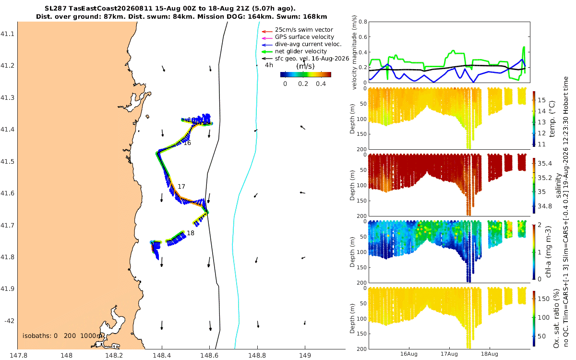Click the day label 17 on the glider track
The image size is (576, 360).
[181, 186]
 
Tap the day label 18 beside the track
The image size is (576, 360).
[191, 233]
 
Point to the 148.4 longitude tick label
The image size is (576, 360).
[161, 355]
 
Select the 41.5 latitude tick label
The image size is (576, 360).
[7, 161]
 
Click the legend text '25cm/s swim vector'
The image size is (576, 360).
[304, 30]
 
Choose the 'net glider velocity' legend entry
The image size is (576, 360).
[301, 51]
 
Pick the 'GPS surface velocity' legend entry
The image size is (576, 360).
[304, 37]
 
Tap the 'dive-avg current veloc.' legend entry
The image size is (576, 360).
[308, 44]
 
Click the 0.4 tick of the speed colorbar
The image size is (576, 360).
[321, 84]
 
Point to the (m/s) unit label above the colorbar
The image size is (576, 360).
[305, 66]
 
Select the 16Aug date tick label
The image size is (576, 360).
[408, 354]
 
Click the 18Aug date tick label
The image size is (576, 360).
[489, 354]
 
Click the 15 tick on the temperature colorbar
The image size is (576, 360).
[542, 100]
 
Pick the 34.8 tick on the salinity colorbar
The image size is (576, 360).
[545, 206]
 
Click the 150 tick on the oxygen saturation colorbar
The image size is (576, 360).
[544, 299]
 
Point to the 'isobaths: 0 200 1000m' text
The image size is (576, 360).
[62, 336]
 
